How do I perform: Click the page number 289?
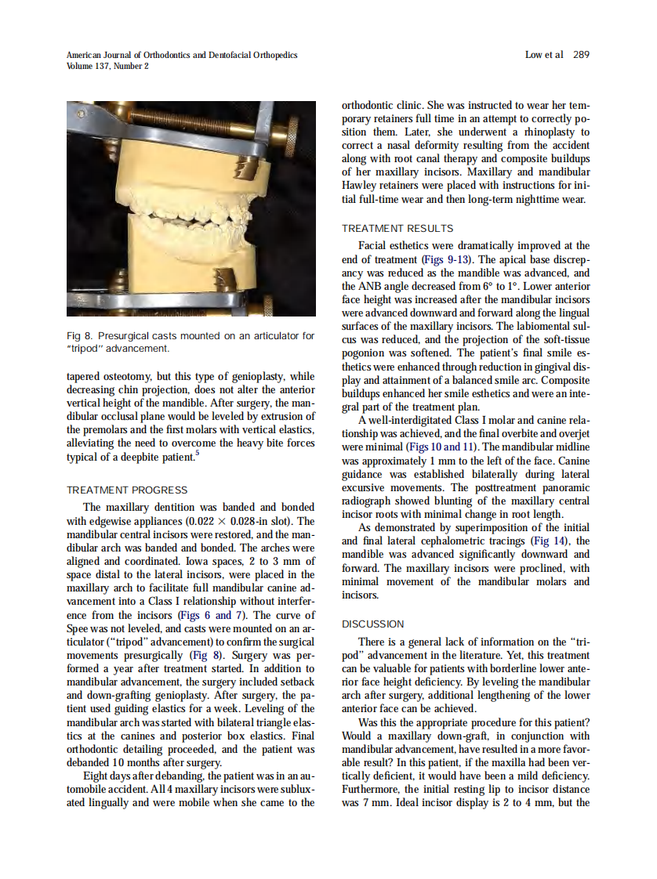point(581,55)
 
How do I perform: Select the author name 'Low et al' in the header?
point(544,55)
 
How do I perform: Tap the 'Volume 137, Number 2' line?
point(107,66)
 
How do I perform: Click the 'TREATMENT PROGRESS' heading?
point(127,490)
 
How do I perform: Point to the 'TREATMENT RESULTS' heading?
point(397,229)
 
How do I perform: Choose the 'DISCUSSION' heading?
point(373,624)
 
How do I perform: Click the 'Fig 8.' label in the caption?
point(79,336)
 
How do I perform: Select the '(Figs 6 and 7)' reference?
point(205,615)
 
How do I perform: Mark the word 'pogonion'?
point(365,353)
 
